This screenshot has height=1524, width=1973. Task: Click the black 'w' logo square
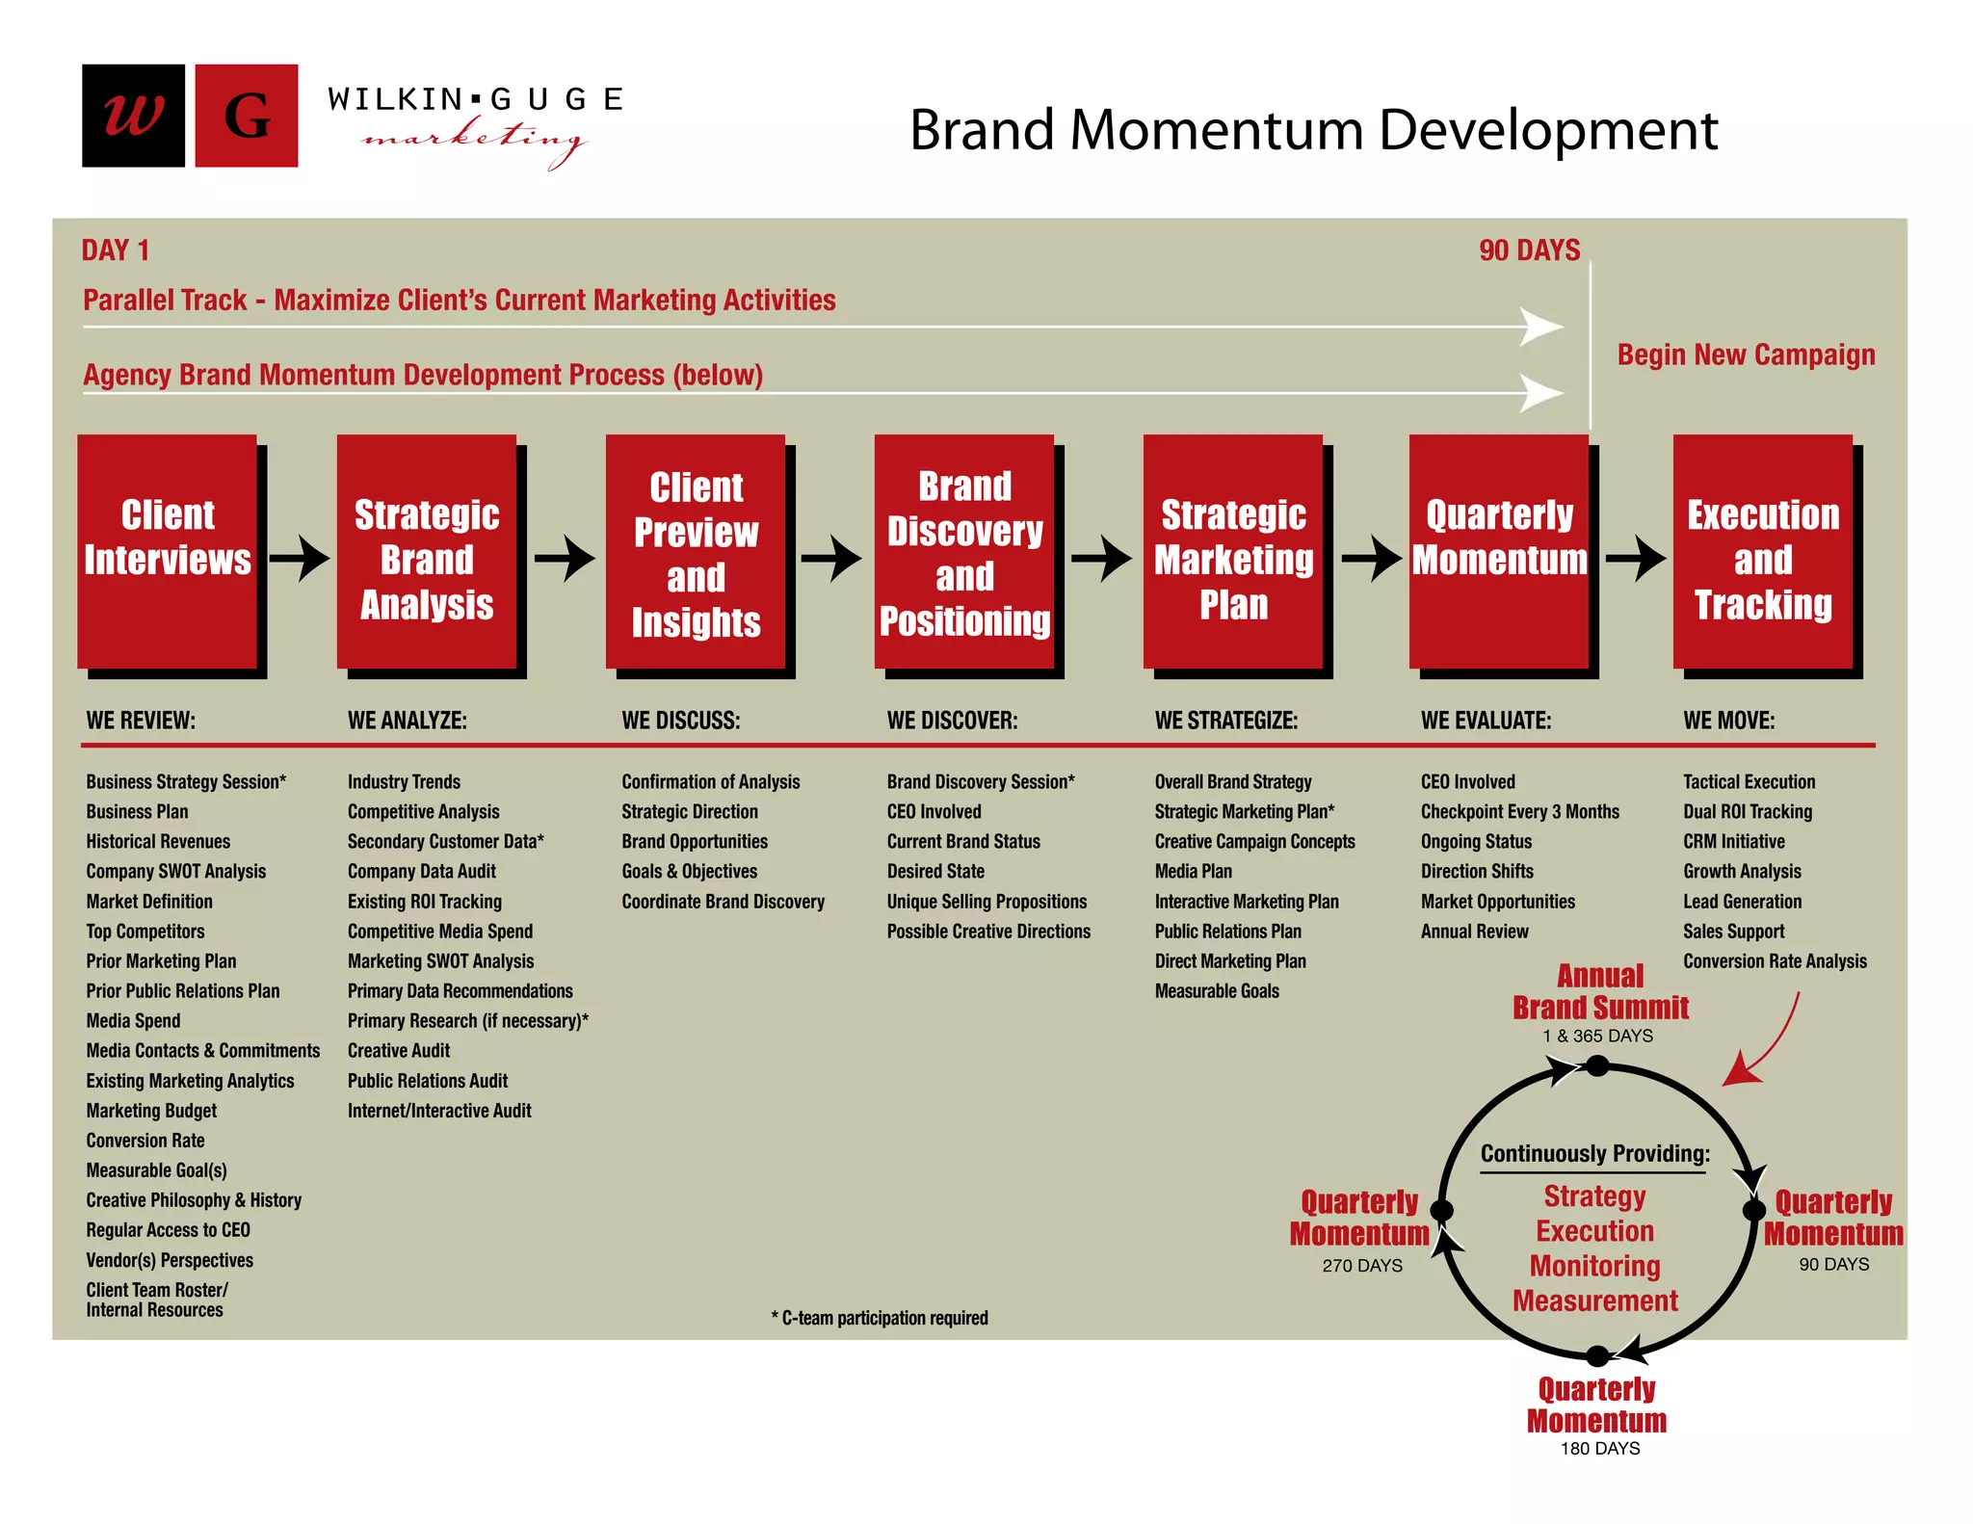[133, 116]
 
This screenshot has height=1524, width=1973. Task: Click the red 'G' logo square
[247, 116]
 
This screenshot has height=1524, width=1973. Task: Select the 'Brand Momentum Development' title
[1313, 130]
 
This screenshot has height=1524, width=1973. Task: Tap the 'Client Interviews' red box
[168, 551]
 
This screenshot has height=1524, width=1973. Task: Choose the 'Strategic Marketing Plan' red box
[1233, 551]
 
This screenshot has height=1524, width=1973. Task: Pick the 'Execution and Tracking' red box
[1762, 551]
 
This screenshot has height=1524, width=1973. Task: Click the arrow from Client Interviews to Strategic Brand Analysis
[300, 558]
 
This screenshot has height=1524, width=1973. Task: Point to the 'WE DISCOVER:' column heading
[952, 721]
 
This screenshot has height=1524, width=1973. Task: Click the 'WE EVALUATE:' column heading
[1486, 721]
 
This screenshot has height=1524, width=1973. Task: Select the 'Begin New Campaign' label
[1746, 355]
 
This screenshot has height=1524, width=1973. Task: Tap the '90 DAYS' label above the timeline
[1529, 250]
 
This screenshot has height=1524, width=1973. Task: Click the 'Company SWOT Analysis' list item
[176, 872]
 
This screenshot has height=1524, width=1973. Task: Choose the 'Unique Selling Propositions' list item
[986, 902]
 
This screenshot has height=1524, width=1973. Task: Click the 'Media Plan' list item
[1193, 872]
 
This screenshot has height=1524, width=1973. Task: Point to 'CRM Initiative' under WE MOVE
[1733, 842]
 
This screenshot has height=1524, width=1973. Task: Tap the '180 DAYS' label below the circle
[1600, 1449]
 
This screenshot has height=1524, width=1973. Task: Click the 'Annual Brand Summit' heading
[1600, 992]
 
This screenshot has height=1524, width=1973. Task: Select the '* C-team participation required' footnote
[880, 1318]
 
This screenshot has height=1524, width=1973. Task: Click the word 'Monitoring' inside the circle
[1595, 1266]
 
